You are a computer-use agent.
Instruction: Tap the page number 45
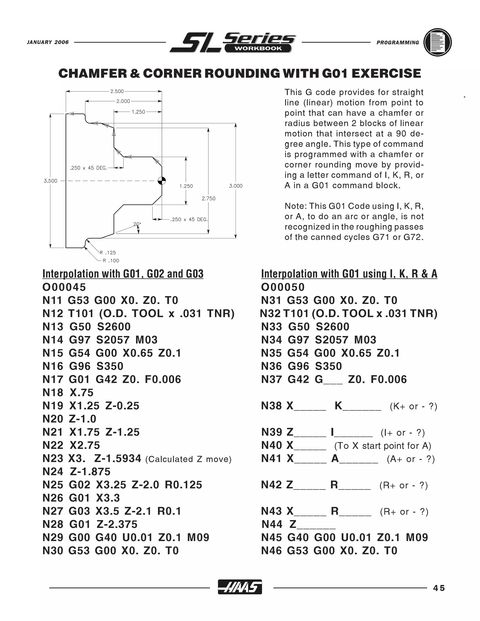(x=439, y=588)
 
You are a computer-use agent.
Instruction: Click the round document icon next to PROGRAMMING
(x=437, y=42)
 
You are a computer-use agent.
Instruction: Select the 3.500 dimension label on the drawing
(x=50, y=181)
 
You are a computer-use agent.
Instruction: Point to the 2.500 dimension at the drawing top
(x=117, y=91)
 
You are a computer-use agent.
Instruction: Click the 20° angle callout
(x=137, y=224)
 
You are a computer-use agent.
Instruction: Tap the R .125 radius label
(x=108, y=252)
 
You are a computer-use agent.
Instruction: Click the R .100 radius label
(x=111, y=260)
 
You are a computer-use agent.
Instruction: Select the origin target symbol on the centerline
(x=162, y=180)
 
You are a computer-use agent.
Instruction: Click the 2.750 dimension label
(x=208, y=198)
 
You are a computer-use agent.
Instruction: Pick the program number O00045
(x=64, y=287)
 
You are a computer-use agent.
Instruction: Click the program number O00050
(x=283, y=287)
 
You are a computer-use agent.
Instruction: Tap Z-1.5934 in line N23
(x=118, y=458)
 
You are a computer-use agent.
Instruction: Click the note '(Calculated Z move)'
(x=188, y=459)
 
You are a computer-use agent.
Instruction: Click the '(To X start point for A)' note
(x=382, y=446)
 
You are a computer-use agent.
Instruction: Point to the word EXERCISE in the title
(x=386, y=73)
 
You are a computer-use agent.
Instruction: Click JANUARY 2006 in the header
(x=48, y=42)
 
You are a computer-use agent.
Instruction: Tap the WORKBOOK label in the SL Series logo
(x=258, y=48)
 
